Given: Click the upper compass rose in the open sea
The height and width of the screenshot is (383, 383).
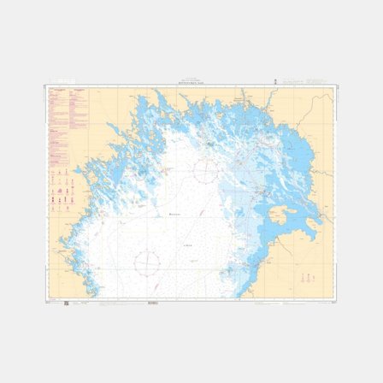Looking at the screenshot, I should click(207, 171).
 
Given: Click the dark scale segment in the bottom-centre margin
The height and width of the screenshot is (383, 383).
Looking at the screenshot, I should click(153, 302).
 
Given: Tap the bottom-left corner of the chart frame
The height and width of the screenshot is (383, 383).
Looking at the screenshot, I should click(45, 299).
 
